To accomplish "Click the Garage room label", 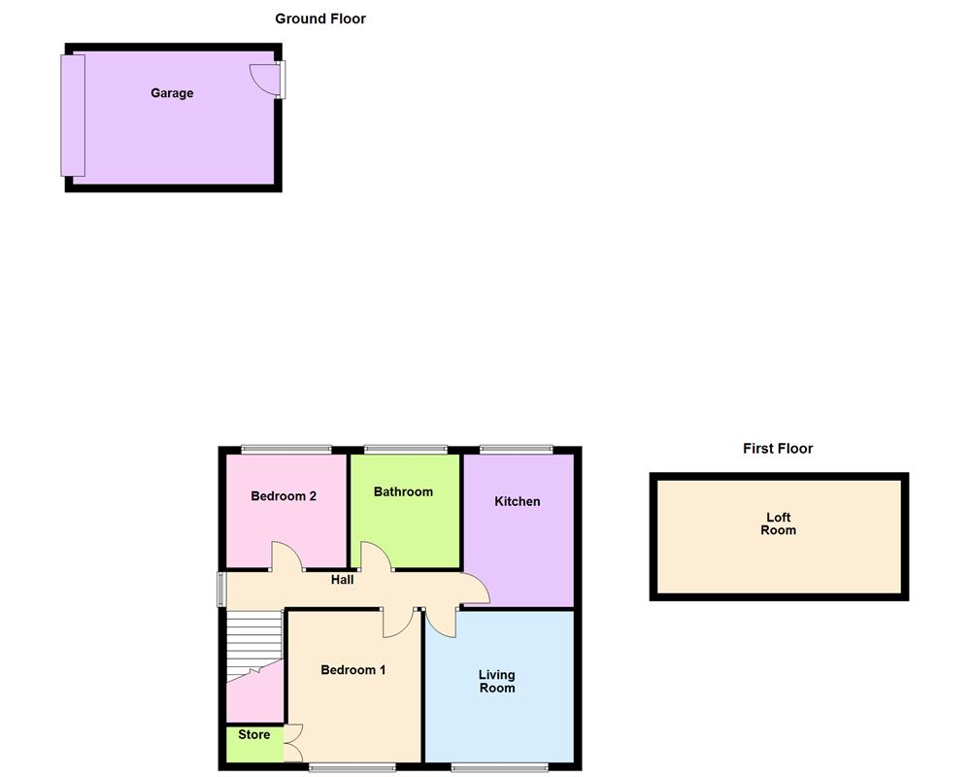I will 172,93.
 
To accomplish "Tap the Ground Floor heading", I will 320,18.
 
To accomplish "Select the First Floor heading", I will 778,449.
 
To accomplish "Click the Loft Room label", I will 779,524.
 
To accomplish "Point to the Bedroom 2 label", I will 284,496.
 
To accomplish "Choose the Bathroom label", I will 403,491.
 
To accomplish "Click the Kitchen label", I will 518,501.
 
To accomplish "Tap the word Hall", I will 342,580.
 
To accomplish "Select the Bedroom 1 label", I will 353,670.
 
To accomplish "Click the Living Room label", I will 497,681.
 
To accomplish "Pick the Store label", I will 254,734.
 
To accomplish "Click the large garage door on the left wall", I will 73,116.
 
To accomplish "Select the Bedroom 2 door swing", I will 285,557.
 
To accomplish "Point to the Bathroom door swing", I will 376,557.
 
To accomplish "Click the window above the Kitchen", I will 517,450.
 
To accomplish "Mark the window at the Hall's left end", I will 221,590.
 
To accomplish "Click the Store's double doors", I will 293,744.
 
